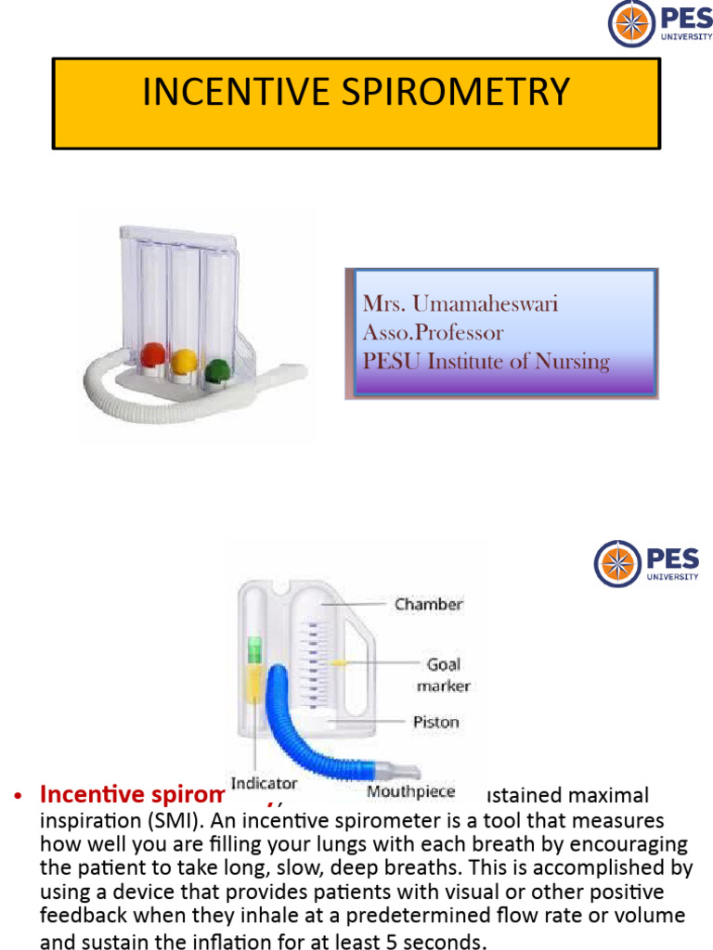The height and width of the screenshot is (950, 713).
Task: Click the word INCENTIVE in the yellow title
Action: (235, 93)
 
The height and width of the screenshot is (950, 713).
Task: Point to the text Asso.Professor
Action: (433, 332)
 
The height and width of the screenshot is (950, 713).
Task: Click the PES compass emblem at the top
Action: (631, 24)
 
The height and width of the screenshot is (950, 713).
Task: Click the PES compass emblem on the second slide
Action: (617, 564)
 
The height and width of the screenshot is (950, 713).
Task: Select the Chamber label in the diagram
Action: (428, 604)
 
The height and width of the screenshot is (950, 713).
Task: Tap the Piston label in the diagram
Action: (435, 722)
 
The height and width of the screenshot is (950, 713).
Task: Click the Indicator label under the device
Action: (264, 784)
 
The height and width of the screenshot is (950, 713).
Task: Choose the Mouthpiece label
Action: (410, 791)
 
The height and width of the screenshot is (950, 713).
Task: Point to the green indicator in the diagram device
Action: (254, 650)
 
